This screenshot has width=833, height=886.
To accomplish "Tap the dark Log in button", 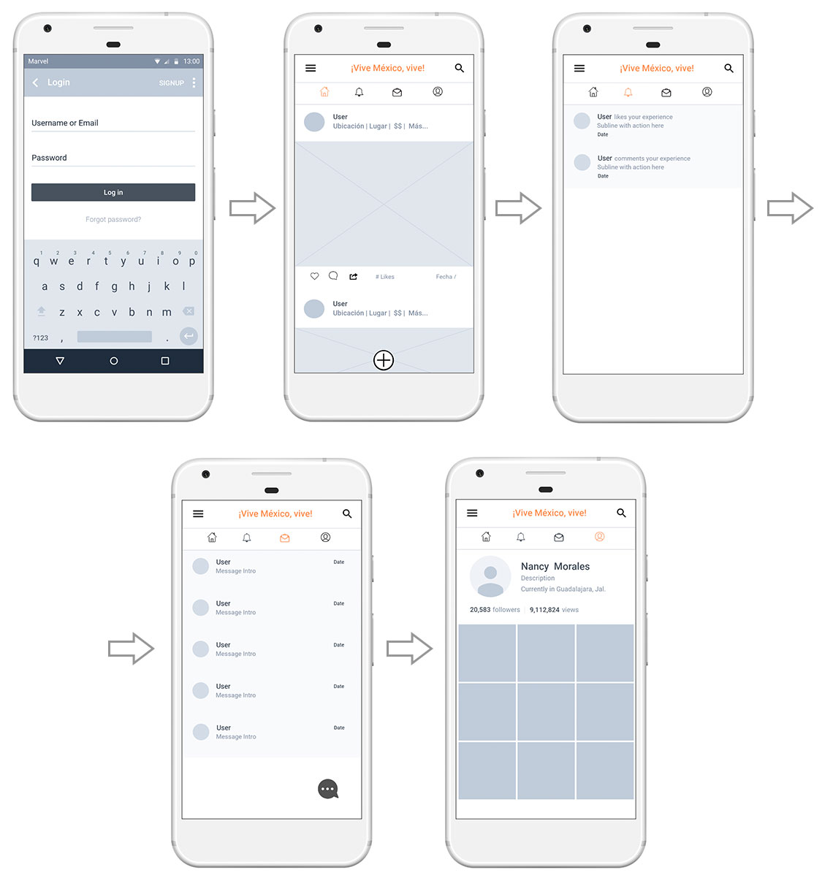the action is tap(113, 192).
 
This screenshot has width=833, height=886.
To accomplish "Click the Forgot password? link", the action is tap(113, 220).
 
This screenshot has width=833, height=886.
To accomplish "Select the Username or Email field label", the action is tap(65, 123).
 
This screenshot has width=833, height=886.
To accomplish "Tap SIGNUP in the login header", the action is tap(171, 83).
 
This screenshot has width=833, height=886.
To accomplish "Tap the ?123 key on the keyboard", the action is tap(40, 338).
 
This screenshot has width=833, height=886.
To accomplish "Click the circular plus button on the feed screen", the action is tap(383, 360).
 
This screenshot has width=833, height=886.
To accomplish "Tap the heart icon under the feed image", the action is tap(314, 276).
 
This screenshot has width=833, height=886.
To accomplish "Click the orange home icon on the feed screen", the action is tap(324, 91).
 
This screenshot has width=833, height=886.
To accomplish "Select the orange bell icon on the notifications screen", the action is tap(628, 92).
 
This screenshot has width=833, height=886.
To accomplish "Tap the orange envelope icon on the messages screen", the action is tap(284, 538).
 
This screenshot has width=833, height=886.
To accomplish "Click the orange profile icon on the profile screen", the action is tap(599, 536).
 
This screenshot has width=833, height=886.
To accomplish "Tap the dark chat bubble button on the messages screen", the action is tap(327, 789).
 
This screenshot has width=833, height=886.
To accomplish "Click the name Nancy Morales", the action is tap(555, 567).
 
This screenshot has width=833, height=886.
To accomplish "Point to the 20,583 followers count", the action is tap(495, 610).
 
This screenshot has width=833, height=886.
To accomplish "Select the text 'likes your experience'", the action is tap(643, 117).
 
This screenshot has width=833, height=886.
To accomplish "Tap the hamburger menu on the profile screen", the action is tap(472, 513).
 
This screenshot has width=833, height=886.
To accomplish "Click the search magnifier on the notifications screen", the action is tap(729, 68).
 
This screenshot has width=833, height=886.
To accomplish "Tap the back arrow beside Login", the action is tap(35, 83).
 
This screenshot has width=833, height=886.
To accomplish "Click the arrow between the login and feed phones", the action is tap(252, 208).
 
